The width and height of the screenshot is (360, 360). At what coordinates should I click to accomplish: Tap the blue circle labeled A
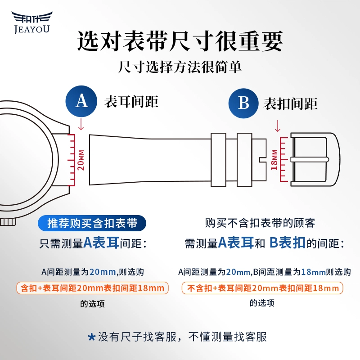click(81, 101)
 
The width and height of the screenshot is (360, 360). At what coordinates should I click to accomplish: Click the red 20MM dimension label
click(81, 159)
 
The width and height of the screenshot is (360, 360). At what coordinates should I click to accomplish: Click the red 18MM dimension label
click(274, 159)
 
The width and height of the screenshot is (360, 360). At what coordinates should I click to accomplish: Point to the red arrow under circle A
click(81, 123)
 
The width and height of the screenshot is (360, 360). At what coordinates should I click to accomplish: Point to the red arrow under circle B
click(278, 125)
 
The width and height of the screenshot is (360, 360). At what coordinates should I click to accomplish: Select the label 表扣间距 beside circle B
click(291, 104)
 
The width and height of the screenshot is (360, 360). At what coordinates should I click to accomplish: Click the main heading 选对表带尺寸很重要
click(180, 42)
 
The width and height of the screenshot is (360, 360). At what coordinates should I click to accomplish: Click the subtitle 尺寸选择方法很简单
click(180, 67)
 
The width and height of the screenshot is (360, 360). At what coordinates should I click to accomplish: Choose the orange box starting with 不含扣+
click(262, 288)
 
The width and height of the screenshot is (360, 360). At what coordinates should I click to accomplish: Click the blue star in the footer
click(91, 337)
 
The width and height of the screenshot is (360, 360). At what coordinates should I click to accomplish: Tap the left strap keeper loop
click(219, 159)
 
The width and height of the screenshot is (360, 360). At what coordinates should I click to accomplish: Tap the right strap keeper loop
click(245, 159)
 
